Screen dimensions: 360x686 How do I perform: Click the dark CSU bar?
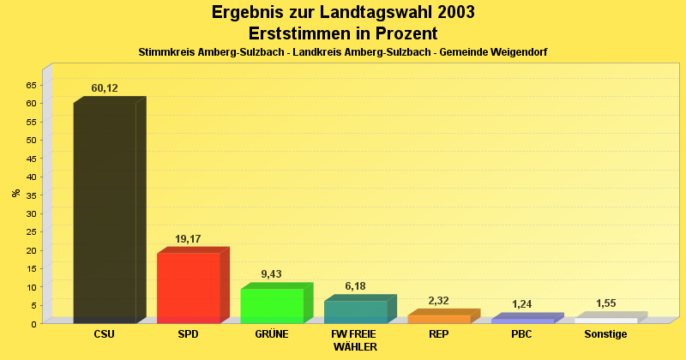click(x=105, y=213)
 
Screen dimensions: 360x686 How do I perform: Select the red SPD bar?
click(x=188, y=288)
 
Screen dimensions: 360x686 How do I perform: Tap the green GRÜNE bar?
click(x=271, y=306)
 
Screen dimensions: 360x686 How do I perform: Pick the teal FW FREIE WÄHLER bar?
click(x=355, y=312)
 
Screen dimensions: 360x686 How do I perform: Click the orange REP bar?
click(x=438, y=319)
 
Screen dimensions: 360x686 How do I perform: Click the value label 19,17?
click(x=188, y=239)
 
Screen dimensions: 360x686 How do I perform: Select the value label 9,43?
click(x=271, y=274)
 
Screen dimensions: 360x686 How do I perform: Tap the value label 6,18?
click(x=355, y=286)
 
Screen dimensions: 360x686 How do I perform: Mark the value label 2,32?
click(x=438, y=301)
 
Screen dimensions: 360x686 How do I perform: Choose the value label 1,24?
click(x=522, y=304)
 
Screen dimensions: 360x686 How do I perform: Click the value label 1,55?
click(x=606, y=303)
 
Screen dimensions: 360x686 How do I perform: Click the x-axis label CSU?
click(x=105, y=334)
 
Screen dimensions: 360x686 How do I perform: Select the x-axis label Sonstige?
click(x=606, y=334)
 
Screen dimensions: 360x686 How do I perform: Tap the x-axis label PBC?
click(x=522, y=334)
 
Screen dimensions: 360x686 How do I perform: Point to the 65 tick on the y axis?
click(x=32, y=85)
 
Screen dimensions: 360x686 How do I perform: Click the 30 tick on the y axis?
click(x=32, y=213)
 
